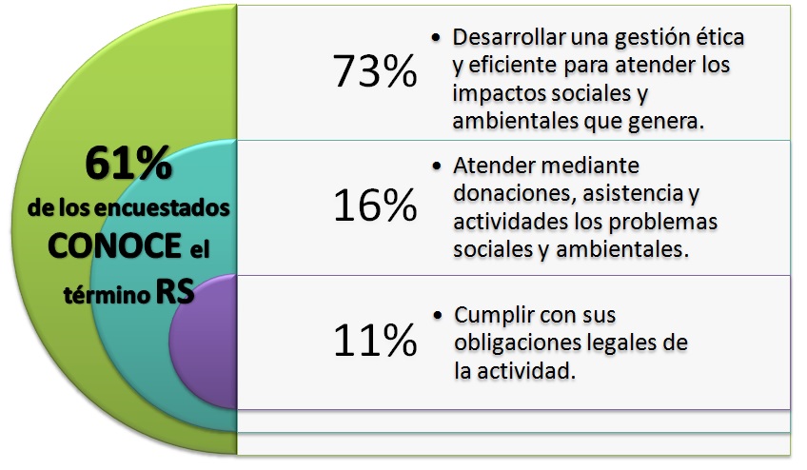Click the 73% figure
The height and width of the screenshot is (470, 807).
(374, 72)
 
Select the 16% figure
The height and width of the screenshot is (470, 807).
(374, 206)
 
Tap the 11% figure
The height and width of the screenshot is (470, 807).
(374, 341)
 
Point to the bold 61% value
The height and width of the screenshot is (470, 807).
(128, 165)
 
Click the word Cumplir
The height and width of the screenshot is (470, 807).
(490, 315)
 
